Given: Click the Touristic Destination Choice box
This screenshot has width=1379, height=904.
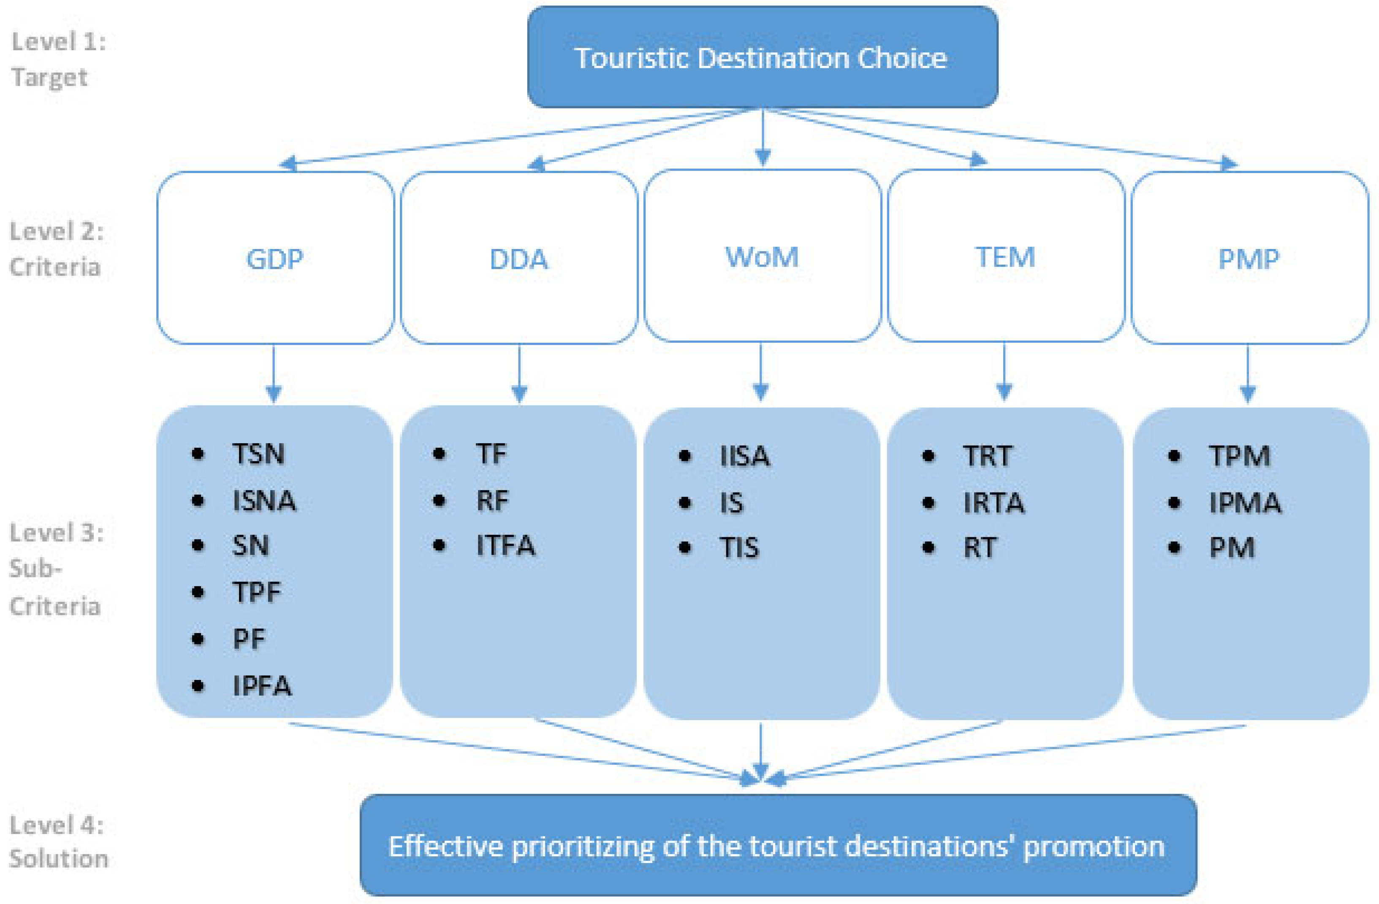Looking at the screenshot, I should (x=762, y=57).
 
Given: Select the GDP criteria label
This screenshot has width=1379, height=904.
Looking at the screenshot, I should (x=274, y=259).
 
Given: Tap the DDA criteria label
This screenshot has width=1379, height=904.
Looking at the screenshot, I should (x=518, y=259).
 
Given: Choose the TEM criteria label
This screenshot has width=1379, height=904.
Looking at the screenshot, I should (x=1005, y=257).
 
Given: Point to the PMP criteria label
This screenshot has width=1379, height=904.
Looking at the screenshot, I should (x=1249, y=259).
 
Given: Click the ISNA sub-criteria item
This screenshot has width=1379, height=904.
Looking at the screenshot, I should (x=263, y=501).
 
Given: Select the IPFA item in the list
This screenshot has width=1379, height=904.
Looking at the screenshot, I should (x=262, y=686).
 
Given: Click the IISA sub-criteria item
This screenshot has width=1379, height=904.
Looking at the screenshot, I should (x=744, y=456).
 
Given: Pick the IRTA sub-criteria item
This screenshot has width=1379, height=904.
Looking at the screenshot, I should (x=994, y=502).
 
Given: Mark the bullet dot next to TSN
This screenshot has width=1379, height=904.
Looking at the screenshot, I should (x=198, y=453).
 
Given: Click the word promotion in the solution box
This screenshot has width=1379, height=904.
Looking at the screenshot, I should (x=1093, y=847).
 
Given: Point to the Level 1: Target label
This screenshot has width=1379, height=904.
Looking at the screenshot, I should (x=58, y=59).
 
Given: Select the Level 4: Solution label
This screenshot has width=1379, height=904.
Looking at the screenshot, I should (x=58, y=842).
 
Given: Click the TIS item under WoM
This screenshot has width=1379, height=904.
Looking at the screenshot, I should (x=739, y=547).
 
